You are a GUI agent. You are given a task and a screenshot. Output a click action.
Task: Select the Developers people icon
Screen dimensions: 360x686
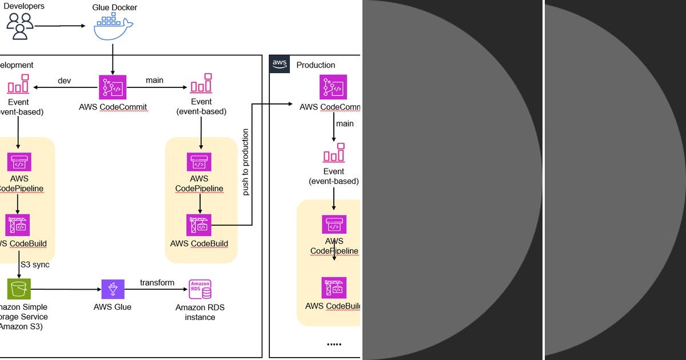coord(20,26)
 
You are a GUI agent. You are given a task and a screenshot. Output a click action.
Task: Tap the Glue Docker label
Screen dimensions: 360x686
coord(114,7)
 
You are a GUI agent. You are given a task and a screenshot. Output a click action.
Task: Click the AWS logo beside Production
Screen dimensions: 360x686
coord(280,64)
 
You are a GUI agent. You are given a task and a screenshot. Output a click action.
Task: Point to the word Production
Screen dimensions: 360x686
coord(316,65)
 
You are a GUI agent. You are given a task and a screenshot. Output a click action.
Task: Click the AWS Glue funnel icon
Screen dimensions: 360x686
coord(113,289)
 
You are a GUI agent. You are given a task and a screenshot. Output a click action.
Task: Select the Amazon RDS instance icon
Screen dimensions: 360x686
coord(200,289)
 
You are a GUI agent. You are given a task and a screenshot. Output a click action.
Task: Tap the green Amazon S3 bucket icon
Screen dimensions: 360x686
coord(19,289)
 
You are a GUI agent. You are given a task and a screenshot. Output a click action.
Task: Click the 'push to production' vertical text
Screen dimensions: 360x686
coord(246,163)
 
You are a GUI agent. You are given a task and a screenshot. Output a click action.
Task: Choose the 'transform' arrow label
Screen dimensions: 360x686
coord(157,282)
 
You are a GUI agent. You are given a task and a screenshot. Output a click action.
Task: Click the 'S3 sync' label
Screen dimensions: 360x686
coord(35,265)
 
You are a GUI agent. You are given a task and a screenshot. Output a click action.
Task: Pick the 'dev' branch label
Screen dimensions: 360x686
coord(64,81)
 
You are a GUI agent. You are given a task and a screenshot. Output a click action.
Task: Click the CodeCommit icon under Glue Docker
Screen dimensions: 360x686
coord(113,87)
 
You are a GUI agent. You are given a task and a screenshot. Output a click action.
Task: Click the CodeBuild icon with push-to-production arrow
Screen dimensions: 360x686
coord(199,225)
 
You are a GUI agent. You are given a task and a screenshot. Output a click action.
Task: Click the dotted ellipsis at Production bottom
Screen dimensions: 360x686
coord(333,344)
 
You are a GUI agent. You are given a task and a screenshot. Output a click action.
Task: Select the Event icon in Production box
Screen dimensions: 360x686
coord(334,153)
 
